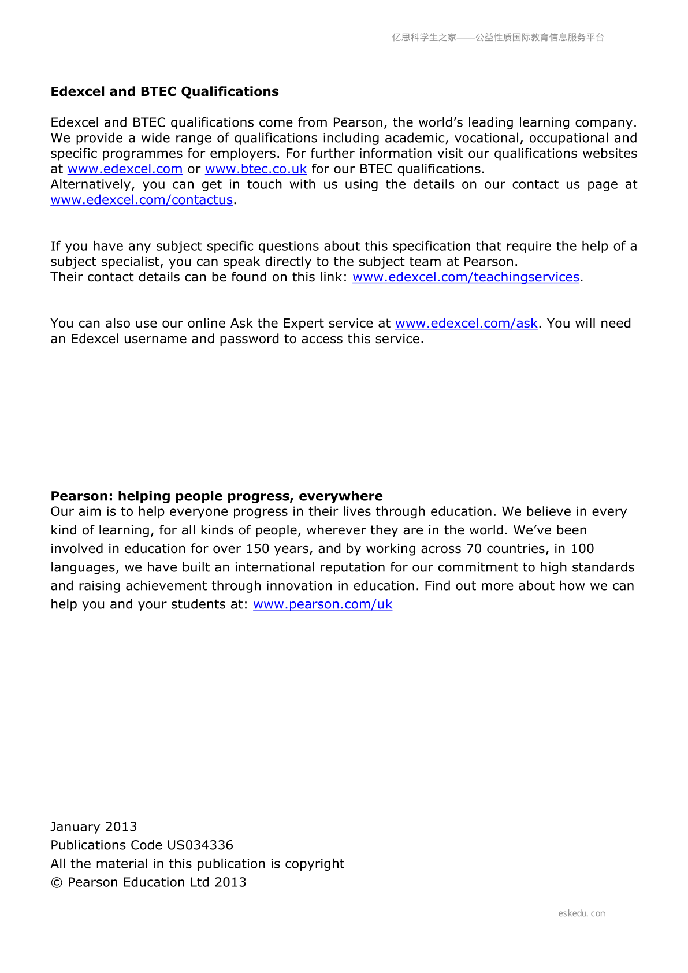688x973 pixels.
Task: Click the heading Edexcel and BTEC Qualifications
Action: [x=165, y=92]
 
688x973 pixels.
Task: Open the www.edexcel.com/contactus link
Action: [x=142, y=200]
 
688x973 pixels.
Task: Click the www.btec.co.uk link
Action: [x=255, y=169]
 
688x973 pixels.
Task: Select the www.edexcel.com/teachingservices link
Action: [x=466, y=277]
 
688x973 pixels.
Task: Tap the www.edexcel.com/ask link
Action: [x=466, y=324]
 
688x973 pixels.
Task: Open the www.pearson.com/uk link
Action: [x=322, y=604]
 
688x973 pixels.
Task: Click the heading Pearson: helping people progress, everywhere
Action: [x=217, y=496]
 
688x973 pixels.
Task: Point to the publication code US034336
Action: [x=200, y=845]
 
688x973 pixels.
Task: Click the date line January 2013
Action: [x=94, y=827]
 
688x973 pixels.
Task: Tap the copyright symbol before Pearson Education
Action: [x=57, y=883]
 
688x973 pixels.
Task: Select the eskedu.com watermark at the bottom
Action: [x=581, y=913]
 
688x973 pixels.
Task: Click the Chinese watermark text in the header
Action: [x=498, y=38]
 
